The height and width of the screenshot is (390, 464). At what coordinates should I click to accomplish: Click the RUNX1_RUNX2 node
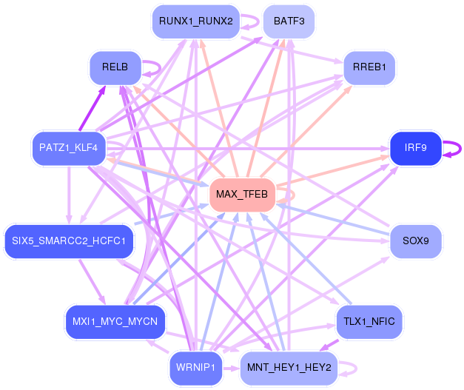click(x=195, y=21)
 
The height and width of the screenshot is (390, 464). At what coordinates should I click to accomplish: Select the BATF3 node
click(x=289, y=21)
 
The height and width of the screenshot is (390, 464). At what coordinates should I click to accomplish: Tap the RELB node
click(x=115, y=67)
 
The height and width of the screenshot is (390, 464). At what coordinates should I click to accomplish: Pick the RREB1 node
click(x=369, y=67)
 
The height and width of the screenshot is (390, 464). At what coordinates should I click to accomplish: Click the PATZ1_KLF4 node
click(x=69, y=148)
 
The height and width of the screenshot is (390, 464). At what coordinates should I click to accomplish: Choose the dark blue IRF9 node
click(x=416, y=148)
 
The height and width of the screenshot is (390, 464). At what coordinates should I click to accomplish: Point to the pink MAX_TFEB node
click(x=242, y=195)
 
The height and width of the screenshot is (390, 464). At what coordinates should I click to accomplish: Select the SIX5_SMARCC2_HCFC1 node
click(x=69, y=241)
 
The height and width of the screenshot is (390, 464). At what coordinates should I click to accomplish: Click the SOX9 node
click(x=416, y=241)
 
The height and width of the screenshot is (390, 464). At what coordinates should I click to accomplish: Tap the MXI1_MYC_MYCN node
click(x=115, y=322)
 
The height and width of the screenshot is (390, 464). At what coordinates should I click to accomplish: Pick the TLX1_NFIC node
click(x=369, y=322)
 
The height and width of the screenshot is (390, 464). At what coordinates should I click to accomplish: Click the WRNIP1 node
click(x=195, y=368)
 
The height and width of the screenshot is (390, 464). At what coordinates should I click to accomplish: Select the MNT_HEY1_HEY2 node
click(x=289, y=368)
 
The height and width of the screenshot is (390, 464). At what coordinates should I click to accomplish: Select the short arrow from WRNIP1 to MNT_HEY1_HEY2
click(x=231, y=369)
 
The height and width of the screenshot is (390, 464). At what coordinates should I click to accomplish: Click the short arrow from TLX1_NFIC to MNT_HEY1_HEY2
click(x=329, y=346)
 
